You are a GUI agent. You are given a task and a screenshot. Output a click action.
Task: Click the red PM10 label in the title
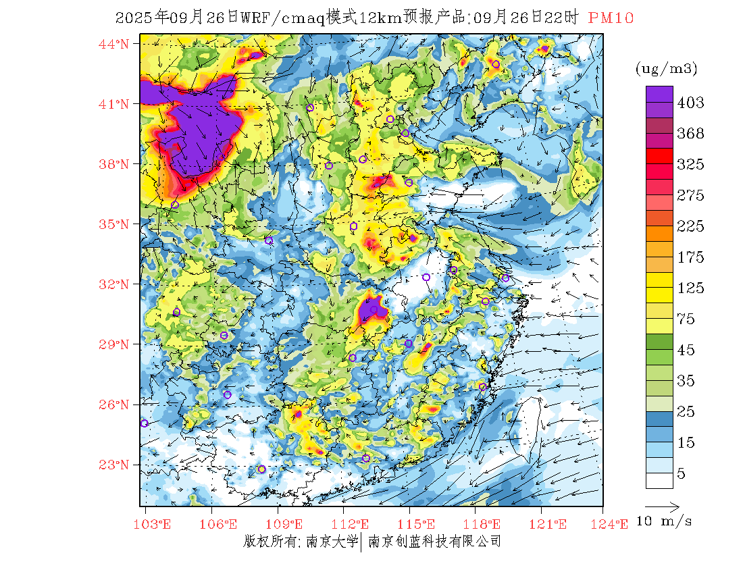pos(611,18)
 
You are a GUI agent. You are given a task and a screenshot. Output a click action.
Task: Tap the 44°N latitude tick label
pos(113,45)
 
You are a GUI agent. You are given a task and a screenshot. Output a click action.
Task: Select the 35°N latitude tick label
pos(113,224)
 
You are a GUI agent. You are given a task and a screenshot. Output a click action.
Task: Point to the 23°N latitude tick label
pos(113,465)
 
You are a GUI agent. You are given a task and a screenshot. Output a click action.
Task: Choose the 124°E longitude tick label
pos(613,524)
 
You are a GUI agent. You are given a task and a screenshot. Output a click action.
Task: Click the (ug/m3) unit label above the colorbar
pos(666,68)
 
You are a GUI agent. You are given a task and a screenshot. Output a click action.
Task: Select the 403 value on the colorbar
pos(690,103)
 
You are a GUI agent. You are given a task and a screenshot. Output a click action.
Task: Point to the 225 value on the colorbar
pos(690,226)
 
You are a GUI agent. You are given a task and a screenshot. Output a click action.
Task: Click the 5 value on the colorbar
pos(682,474)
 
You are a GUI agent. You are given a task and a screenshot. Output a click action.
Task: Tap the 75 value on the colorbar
pos(686,319)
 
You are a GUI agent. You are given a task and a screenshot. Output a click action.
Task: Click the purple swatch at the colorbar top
pos(659,95)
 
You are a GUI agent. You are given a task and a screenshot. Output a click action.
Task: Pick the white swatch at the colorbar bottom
pos(659,480)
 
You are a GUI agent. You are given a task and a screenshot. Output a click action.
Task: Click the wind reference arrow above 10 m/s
pos(661,505)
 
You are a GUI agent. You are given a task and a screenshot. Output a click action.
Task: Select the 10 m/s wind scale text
pos(665,521)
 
